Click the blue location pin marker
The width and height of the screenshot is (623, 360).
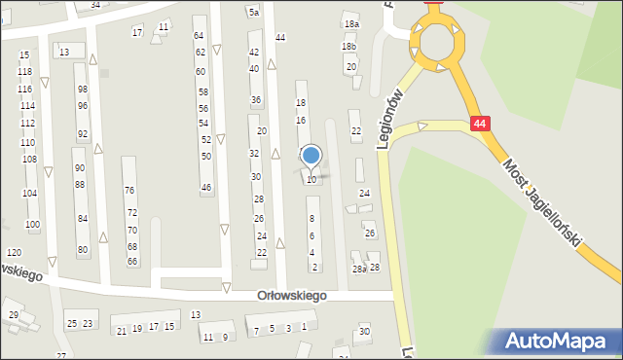tap(311, 156)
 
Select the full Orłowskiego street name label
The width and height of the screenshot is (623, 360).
tap(292, 295)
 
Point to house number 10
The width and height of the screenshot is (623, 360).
tap(311, 179)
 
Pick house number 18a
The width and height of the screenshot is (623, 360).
tap(350, 23)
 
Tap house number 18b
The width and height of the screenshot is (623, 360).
tap(348, 47)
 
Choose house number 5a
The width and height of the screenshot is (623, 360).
tap(253, 13)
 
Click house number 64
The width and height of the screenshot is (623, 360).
tap(200, 35)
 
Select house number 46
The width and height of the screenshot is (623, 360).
tap(206, 187)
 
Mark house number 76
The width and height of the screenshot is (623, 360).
tap(129, 190)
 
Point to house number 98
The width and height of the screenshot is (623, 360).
tap(83, 90)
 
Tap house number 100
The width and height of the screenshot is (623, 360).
tap(32, 225)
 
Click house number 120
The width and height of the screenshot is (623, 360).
tap(13, 253)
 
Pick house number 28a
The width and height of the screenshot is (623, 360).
tap(358, 269)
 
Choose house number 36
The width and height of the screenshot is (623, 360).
tap(256, 100)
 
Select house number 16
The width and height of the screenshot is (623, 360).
tap(301, 120)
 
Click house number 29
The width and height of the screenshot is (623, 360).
tap(14, 314)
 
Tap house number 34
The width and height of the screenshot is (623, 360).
tap(94, 5)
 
